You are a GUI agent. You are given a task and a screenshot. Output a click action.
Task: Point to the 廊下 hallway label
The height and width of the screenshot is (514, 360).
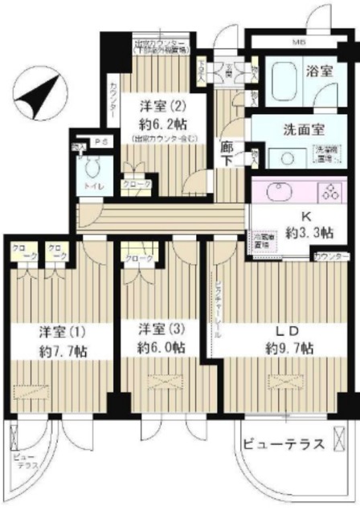pos(228,152)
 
